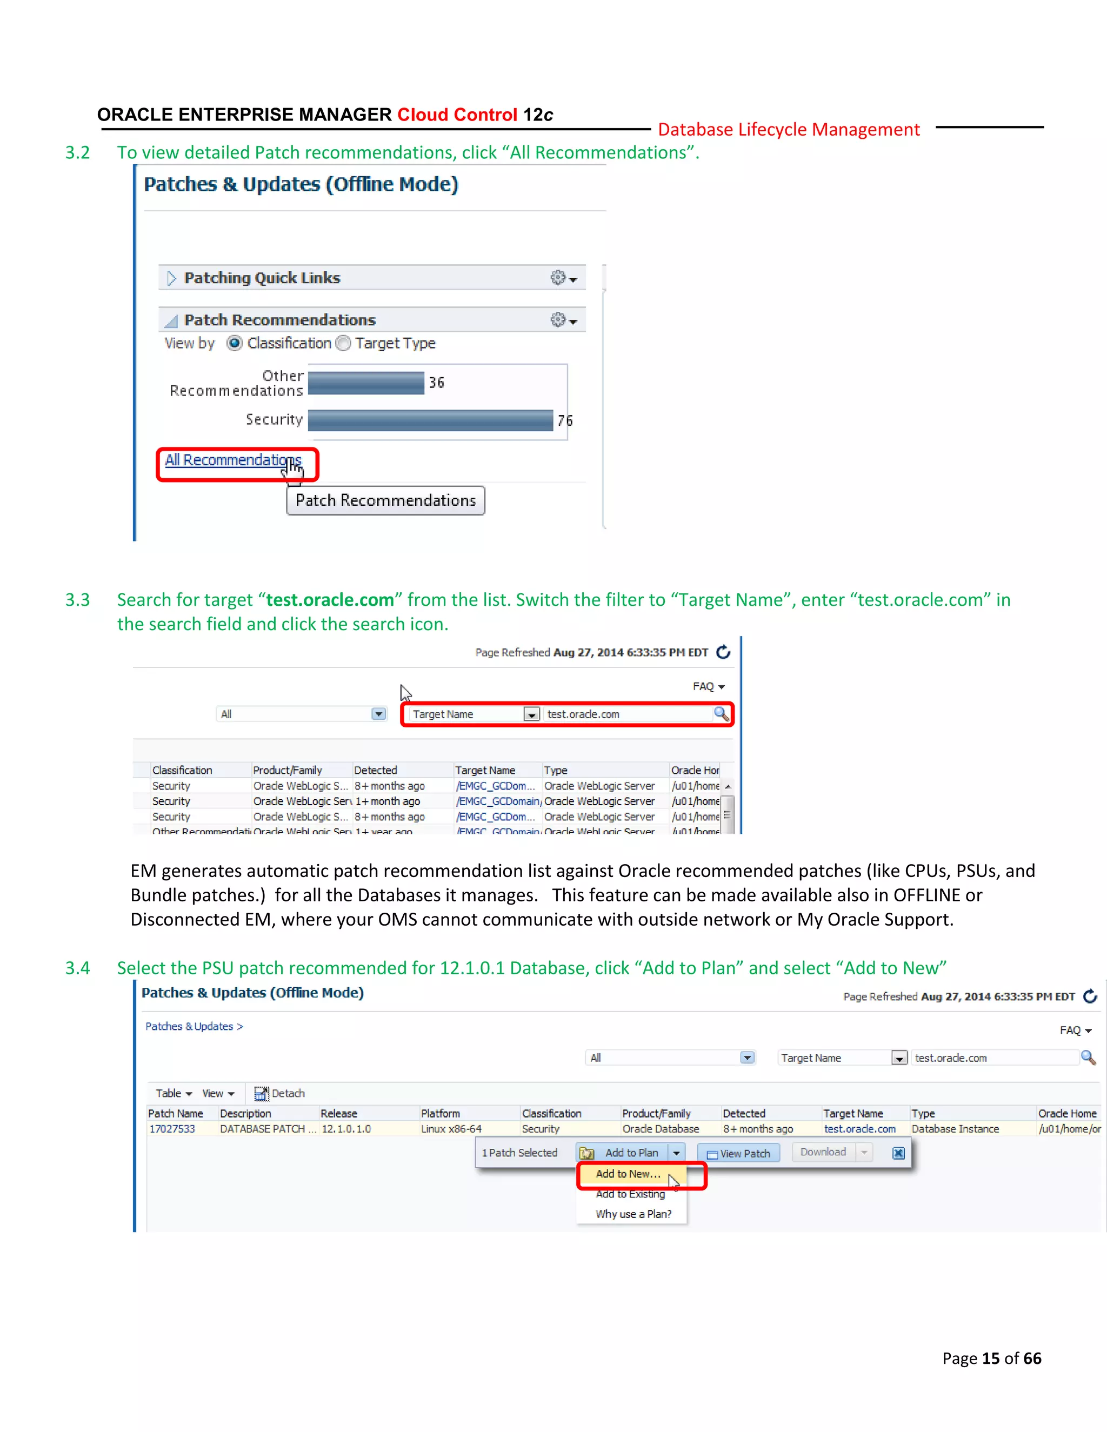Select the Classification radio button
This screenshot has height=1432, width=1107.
pos(235,343)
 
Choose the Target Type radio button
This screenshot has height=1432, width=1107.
pos(343,343)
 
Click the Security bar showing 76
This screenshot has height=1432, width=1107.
pos(430,420)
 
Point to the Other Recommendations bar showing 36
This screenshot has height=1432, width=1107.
pos(366,382)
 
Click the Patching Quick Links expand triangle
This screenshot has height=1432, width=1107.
pos(172,278)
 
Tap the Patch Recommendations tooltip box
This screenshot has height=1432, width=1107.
pos(385,500)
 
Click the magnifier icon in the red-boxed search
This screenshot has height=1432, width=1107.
pos(721,713)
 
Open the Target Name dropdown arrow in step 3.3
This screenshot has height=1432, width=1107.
pos(531,715)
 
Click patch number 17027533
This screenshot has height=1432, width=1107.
pos(172,1128)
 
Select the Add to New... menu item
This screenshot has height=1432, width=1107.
pos(628,1174)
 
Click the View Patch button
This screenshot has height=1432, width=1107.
pos(738,1153)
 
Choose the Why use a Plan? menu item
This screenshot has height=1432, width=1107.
pos(633,1214)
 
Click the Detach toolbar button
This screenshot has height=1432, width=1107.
pos(280,1093)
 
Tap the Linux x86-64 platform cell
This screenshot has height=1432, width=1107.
pos(451,1128)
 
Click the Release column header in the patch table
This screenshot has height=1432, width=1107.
pos(338,1113)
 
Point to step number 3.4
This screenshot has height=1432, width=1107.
pos(77,968)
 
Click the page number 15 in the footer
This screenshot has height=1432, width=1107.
pos(990,1358)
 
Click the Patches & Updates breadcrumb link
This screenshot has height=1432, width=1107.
pos(190,1026)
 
